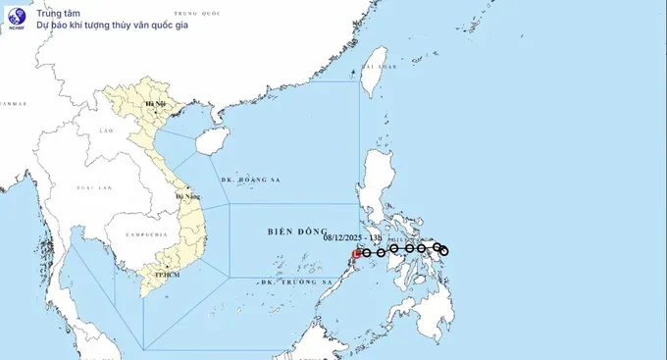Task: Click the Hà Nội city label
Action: click(155, 103)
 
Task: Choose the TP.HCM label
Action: click(163, 275)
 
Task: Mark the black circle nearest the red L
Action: click(367, 253)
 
